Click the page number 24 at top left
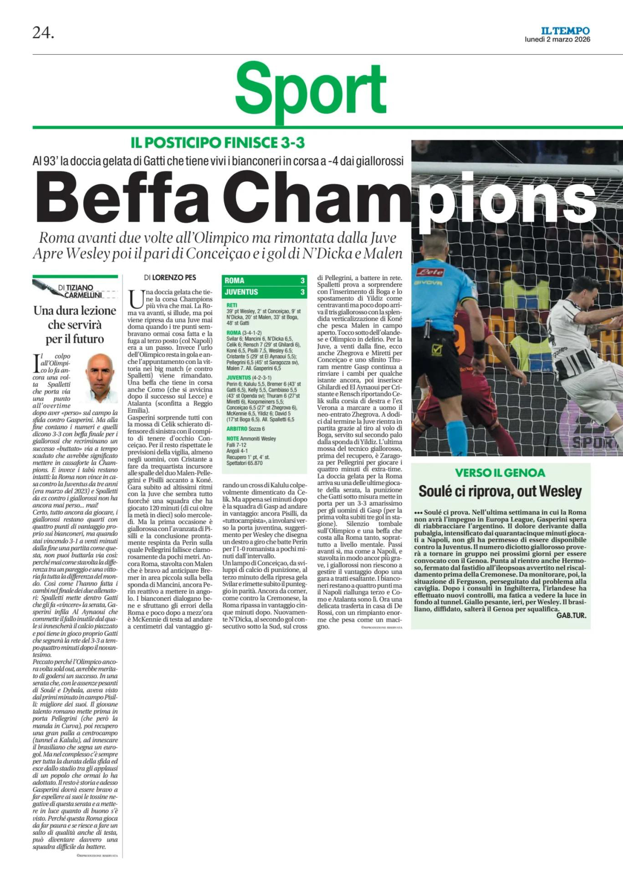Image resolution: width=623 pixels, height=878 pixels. coord(43,34)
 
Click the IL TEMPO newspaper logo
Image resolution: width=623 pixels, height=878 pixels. coord(566,31)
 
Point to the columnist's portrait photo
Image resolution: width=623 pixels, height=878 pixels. coord(101,378)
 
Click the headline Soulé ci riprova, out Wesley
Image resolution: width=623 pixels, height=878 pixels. coord(500,491)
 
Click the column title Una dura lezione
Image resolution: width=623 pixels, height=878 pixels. coord(75,310)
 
